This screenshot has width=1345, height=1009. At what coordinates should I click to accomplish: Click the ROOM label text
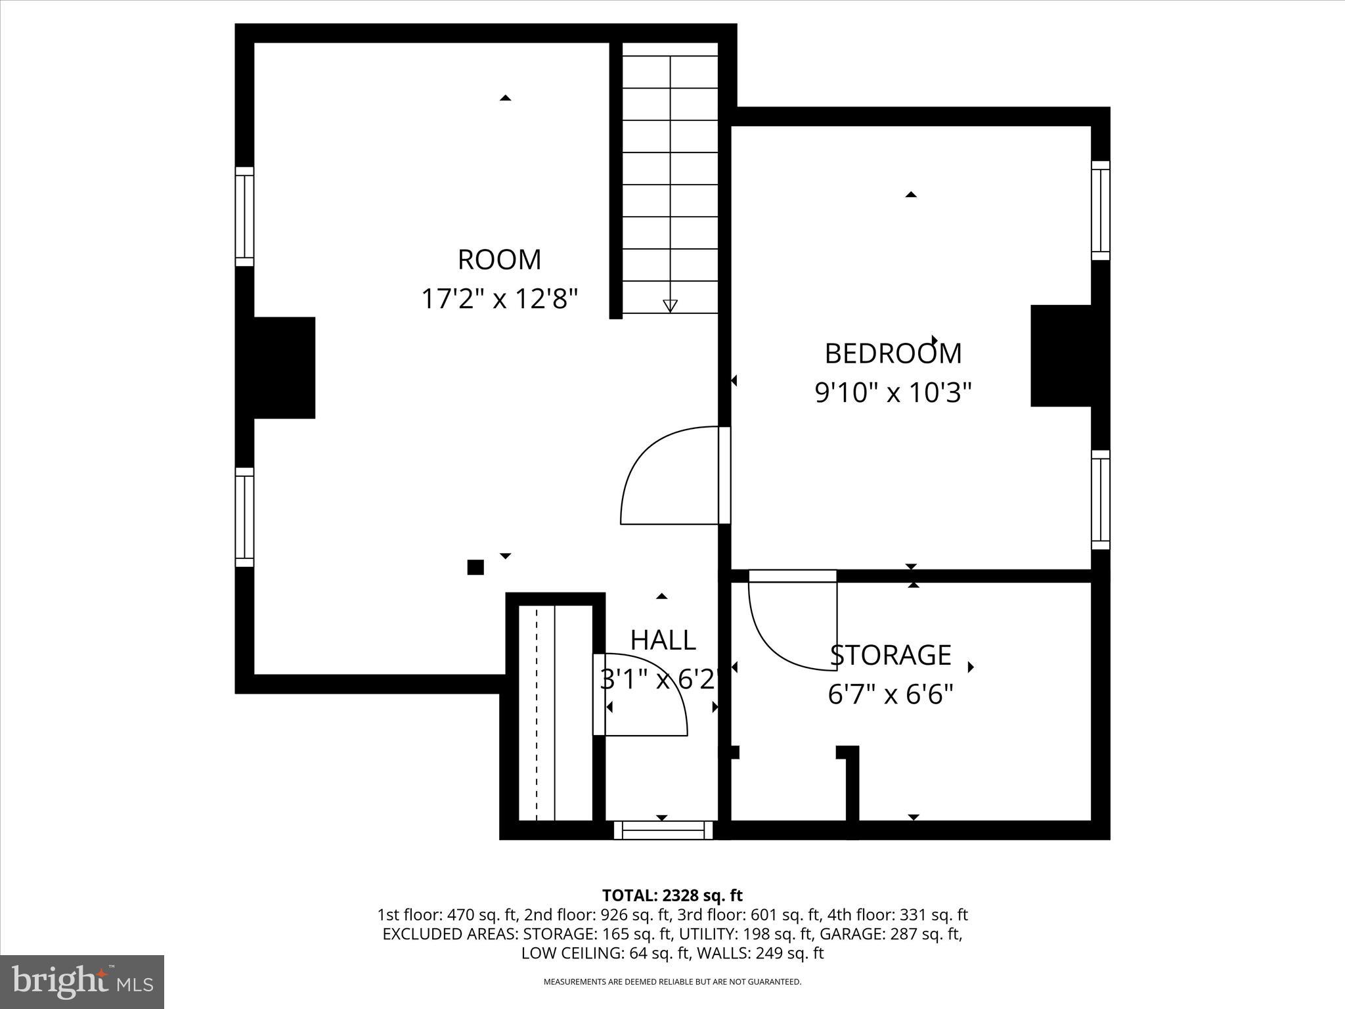(x=499, y=259)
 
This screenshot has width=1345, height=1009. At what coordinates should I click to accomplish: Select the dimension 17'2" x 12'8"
(x=499, y=299)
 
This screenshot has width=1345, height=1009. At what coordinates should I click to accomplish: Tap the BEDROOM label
(x=893, y=353)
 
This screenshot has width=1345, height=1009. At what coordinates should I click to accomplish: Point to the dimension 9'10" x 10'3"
(x=893, y=393)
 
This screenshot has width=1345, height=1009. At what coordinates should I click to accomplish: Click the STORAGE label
(x=891, y=655)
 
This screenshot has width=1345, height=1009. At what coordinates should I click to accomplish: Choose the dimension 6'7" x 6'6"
(x=891, y=694)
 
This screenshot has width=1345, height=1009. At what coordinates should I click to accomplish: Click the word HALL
(x=663, y=640)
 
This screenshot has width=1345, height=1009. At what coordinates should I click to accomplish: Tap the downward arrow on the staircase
(x=670, y=305)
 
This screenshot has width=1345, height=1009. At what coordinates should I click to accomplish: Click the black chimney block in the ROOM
(x=284, y=367)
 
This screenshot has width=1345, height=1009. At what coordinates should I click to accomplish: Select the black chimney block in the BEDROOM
(x=1061, y=355)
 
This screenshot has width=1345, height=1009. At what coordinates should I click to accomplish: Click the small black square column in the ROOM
(x=475, y=567)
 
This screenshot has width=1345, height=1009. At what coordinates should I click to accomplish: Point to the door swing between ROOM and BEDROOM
(x=663, y=476)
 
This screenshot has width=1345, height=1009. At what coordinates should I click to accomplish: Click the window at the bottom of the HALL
(x=663, y=830)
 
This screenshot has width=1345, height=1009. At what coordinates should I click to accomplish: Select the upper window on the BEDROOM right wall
(x=1101, y=210)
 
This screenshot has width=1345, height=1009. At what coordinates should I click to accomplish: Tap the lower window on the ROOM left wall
(x=244, y=517)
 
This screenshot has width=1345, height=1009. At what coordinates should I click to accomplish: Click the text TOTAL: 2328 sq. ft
(x=672, y=895)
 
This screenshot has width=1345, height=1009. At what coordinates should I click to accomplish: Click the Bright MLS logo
(x=82, y=982)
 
